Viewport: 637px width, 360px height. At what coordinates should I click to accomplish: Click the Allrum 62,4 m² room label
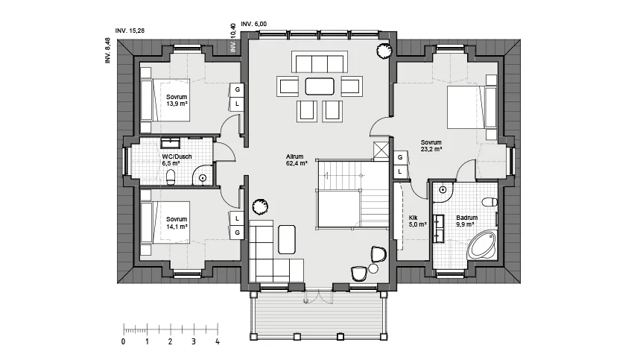pos(297,160)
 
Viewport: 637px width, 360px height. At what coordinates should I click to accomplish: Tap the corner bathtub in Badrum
pos(482,245)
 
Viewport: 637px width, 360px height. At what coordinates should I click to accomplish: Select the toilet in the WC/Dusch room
pos(171,177)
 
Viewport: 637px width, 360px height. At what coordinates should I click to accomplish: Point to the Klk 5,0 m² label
pos(417,221)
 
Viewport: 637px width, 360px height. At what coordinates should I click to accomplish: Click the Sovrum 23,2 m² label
pos(431,146)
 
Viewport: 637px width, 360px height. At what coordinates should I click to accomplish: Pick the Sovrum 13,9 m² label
pos(177,101)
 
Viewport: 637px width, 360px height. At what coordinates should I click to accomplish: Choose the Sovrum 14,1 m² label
pos(177,223)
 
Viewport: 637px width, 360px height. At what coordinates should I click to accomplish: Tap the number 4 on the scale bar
pos(218,341)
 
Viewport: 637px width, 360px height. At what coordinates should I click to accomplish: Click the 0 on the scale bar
pos(124,341)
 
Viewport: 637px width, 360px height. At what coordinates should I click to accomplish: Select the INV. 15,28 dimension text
pos(130,31)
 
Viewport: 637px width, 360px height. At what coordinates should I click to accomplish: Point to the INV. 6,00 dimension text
pos(254,24)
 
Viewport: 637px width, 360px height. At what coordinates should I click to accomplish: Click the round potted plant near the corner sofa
pos(260,206)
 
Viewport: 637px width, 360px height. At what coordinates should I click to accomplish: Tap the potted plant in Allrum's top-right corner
pos(384,51)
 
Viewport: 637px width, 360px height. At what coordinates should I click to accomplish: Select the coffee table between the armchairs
pos(320,86)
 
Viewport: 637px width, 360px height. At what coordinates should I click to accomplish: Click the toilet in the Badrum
pos(489,201)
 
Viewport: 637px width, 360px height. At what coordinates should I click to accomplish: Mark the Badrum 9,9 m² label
pos(467,221)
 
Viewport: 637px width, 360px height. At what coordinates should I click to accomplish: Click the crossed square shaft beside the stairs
pos(381,149)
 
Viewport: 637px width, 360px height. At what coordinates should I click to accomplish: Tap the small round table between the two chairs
pos(373,268)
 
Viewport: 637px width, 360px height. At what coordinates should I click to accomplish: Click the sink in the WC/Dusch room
pos(171,143)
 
